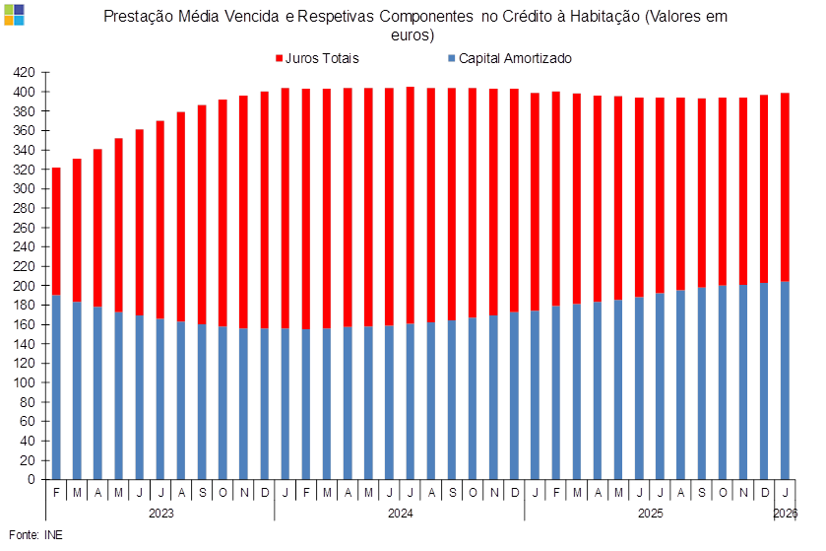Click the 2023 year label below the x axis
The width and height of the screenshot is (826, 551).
pyautogui.click(x=160, y=513)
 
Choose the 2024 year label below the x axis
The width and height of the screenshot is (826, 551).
pyautogui.click(x=400, y=513)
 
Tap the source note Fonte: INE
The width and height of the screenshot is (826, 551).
pyautogui.click(x=35, y=534)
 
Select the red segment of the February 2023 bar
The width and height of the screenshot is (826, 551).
pyautogui.click(x=56, y=232)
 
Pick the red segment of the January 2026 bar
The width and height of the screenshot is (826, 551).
pyautogui.click(x=785, y=187)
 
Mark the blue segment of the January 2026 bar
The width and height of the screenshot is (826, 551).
pyautogui.click(x=785, y=380)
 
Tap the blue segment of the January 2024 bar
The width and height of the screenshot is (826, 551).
pyautogui.click(x=286, y=404)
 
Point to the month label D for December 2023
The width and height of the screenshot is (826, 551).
pyautogui.click(x=265, y=492)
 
